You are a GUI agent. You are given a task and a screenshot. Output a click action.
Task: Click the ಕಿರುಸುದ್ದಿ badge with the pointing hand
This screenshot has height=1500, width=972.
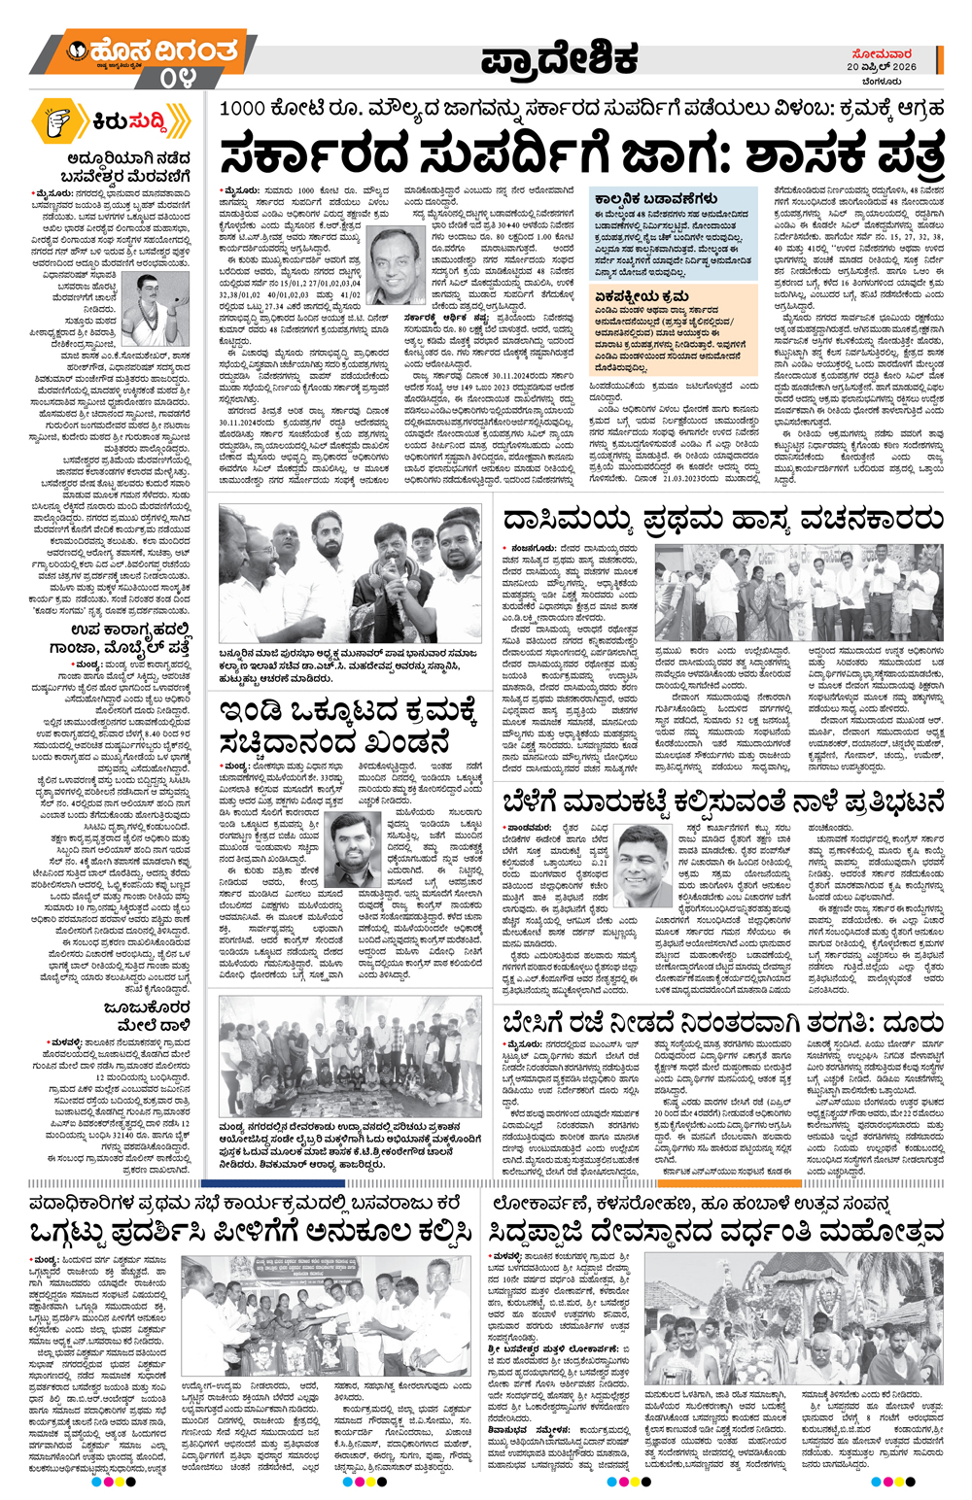coord(109,122)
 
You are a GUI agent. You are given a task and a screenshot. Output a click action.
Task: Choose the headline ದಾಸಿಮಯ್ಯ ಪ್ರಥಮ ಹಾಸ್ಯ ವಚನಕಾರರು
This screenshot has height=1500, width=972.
coord(722,522)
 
